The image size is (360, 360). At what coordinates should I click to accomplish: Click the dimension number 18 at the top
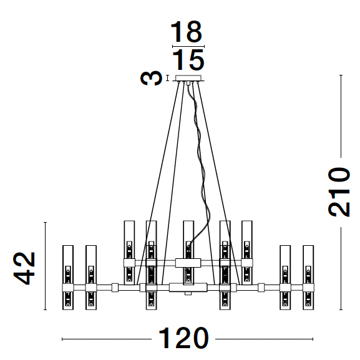(x=186, y=32)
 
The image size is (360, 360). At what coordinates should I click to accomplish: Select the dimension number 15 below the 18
(x=188, y=60)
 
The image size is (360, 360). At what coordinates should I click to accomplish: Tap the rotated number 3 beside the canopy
(x=151, y=78)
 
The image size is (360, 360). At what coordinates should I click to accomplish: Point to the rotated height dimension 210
(x=339, y=192)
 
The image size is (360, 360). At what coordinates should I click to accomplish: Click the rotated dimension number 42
(x=24, y=268)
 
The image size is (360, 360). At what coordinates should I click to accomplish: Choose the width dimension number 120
(x=183, y=339)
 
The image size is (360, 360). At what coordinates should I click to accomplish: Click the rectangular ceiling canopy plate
(x=188, y=78)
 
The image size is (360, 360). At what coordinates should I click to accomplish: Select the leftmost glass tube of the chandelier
(x=68, y=278)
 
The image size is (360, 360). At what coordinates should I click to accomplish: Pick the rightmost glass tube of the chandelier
(x=308, y=278)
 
